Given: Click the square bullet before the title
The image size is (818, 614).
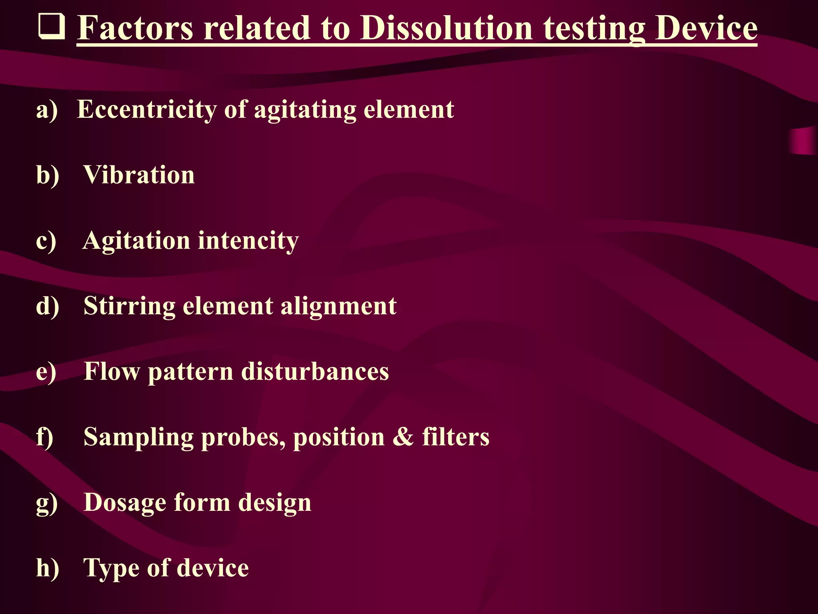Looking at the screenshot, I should (x=51, y=27).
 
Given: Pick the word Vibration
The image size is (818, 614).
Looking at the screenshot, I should (x=139, y=175).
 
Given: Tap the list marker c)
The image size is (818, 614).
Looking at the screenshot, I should (x=46, y=241).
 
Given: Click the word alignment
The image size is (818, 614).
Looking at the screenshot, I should (x=339, y=307).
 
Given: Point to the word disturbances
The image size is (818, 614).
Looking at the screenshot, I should (x=315, y=372).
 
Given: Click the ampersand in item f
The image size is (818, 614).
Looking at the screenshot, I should (x=403, y=437).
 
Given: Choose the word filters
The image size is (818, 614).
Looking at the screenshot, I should (x=456, y=437).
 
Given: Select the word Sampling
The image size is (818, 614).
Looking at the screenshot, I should (x=139, y=437).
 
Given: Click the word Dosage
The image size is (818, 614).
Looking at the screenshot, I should (x=125, y=502).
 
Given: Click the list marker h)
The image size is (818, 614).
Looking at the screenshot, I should (x=48, y=568).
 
